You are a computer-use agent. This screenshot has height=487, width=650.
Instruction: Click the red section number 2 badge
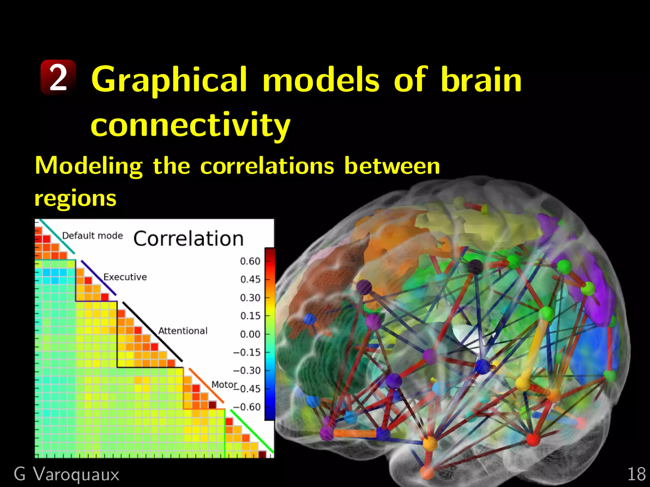[58, 77]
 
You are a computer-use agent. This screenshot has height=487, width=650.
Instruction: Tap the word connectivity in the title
[190, 125]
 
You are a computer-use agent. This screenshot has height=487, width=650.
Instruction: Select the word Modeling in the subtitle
[89, 166]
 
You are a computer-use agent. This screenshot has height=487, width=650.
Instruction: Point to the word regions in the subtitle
[76, 198]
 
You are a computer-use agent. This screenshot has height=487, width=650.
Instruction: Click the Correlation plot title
[188, 238]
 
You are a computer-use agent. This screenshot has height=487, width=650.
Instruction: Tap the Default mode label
[92, 236]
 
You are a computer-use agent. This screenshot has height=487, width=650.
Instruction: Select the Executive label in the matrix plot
[125, 277]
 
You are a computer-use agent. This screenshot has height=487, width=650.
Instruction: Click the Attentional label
[182, 331]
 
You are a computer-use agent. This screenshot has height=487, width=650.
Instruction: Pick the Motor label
[224, 384]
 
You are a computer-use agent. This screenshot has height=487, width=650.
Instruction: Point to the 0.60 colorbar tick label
[250, 261]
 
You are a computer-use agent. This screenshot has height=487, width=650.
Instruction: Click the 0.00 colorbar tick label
[250, 334]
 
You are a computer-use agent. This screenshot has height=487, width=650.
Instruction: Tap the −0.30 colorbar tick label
[247, 370]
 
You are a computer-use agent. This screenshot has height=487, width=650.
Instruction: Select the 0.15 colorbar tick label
[250, 316]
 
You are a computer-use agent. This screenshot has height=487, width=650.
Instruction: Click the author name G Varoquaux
[67, 474]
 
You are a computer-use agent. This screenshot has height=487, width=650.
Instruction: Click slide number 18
[636, 474]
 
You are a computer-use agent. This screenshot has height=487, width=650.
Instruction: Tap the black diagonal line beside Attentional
[152, 331]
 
